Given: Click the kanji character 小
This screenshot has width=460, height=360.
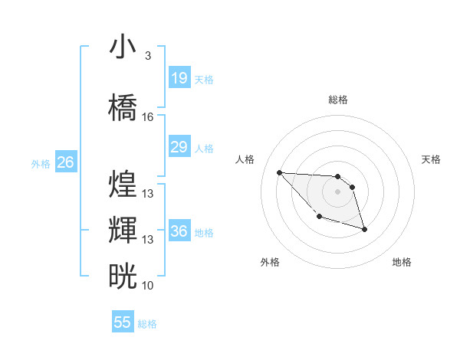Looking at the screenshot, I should (123, 47).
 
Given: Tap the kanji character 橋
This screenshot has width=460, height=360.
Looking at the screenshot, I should (123, 108).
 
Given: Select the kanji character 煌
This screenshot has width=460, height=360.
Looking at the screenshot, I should (123, 185).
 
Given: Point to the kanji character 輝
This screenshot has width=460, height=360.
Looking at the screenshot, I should (123, 231).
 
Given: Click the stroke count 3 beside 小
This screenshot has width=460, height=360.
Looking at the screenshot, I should (147, 56).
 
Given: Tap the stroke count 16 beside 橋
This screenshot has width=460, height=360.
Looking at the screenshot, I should (147, 117).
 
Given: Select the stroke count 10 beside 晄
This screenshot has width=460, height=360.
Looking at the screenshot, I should (147, 285).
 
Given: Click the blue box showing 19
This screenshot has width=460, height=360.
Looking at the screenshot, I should (179, 78).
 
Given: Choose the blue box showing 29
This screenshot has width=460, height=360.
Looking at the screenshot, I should (179, 147).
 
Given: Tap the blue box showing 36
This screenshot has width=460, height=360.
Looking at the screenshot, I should (179, 231).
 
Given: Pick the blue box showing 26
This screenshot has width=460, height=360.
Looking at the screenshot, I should (66, 162).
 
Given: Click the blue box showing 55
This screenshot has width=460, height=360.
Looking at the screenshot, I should (123, 322).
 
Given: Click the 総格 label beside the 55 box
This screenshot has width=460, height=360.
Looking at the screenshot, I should (147, 324).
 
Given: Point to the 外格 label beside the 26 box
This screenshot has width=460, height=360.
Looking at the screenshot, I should (41, 163).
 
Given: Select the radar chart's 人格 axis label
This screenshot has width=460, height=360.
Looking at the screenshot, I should (245, 159).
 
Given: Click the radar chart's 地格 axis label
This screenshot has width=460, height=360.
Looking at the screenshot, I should (402, 262).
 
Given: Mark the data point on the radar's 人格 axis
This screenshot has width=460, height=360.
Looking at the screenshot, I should (279, 172).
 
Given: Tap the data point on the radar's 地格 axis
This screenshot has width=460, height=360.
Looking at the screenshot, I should (364, 229).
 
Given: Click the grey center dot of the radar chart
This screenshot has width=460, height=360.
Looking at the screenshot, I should (337, 191).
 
